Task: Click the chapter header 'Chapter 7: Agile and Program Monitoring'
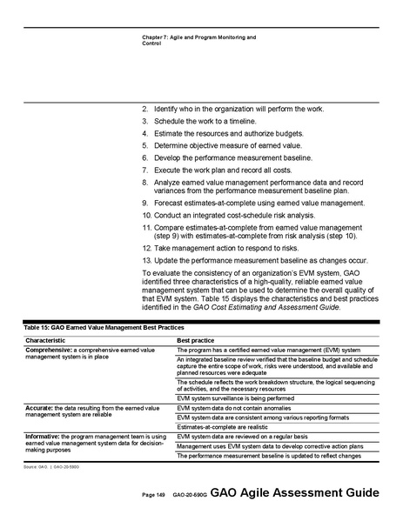[x=198, y=37]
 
